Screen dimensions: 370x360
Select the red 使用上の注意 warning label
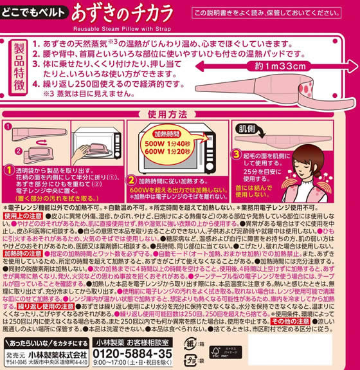tap(22, 216)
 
